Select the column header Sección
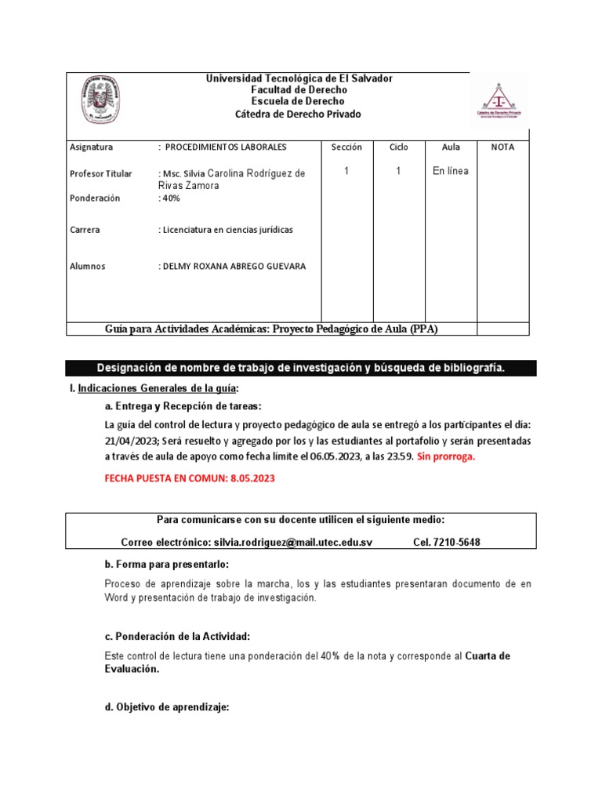click(346, 147)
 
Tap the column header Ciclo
click(398, 147)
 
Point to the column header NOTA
click(502, 147)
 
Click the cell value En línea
click(451, 171)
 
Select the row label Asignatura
click(92, 147)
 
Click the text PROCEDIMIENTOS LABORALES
click(226, 147)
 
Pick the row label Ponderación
click(95, 198)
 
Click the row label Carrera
click(85, 230)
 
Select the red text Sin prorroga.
click(446, 457)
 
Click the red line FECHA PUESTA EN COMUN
click(190, 478)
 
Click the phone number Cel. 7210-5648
click(446, 543)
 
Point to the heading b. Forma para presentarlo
click(166, 565)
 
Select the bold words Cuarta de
click(488, 656)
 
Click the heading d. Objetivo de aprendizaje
click(166, 707)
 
